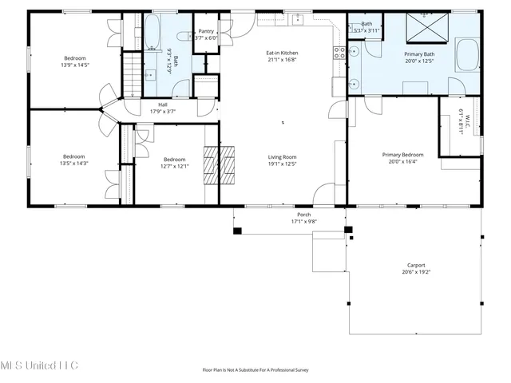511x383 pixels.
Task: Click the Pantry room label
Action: tap(205, 31)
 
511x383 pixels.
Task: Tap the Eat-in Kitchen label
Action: tap(282, 53)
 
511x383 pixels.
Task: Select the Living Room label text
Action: tap(282, 157)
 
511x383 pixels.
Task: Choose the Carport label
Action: tap(416, 266)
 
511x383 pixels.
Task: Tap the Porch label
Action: tap(303, 215)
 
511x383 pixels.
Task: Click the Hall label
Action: tap(163, 105)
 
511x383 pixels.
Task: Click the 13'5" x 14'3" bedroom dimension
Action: tap(73, 163)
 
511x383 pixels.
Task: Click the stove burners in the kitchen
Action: tap(339, 53)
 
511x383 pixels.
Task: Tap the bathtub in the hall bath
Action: tap(153, 32)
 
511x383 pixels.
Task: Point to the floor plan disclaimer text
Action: tap(255, 369)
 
